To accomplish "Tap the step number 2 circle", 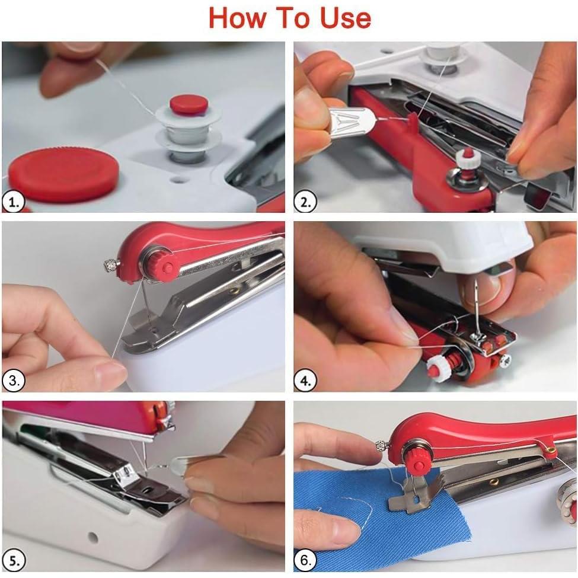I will (x=306, y=202).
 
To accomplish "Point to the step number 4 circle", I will (x=306, y=381).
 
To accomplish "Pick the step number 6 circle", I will (x=306, y=559).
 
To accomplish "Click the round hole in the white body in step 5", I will (x=92, y=538).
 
